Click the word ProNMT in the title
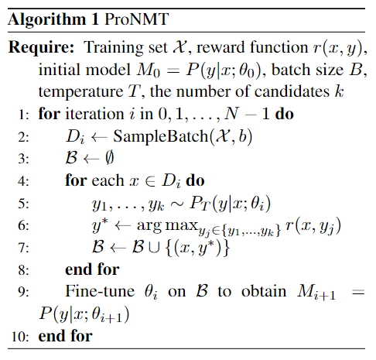point(136,19)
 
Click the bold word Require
point(41,48)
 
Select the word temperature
point(81,92)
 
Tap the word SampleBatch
point(160,136)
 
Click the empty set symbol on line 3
point(109,157)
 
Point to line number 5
point(23,204)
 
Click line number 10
point(20,337)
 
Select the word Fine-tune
point(100,291)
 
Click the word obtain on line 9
point(264,291)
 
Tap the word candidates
point(292,91)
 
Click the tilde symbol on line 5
point(176,204)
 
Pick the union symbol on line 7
point(154,248)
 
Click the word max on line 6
point(181,225)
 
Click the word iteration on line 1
point(94,114)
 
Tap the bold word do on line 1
point(284,114)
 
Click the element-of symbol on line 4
point(150,180)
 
